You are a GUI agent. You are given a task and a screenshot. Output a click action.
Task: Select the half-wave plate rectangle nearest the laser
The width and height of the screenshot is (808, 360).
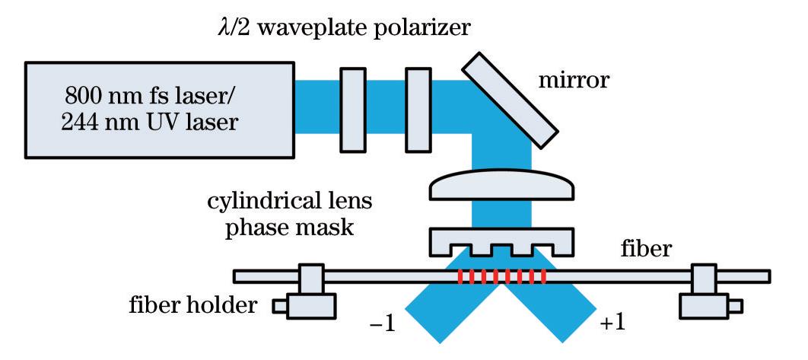(352, 107)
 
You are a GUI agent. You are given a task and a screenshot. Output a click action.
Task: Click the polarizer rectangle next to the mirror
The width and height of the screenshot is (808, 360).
(418, 107)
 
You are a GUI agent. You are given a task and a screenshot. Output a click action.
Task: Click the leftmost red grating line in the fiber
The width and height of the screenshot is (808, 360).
(460, 276)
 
